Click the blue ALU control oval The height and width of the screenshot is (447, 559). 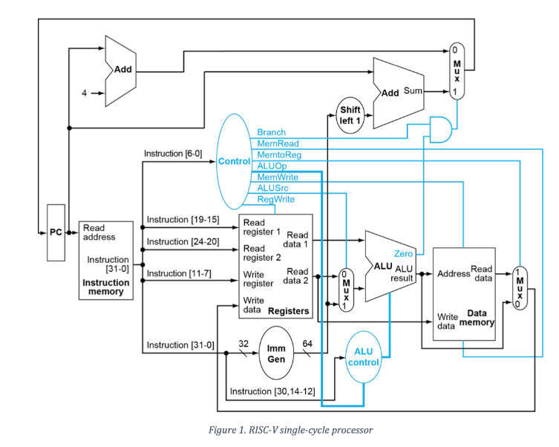point(363,356)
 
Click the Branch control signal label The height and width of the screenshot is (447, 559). point(271,132)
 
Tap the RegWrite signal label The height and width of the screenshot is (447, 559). point(275,200)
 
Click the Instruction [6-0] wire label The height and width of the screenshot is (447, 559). point(173,154)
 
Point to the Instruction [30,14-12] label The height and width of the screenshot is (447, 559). point(272,391)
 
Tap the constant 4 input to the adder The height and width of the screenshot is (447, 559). point(85,94)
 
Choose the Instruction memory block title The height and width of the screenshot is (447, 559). point(105,287)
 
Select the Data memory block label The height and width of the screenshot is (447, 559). point(476,318)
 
